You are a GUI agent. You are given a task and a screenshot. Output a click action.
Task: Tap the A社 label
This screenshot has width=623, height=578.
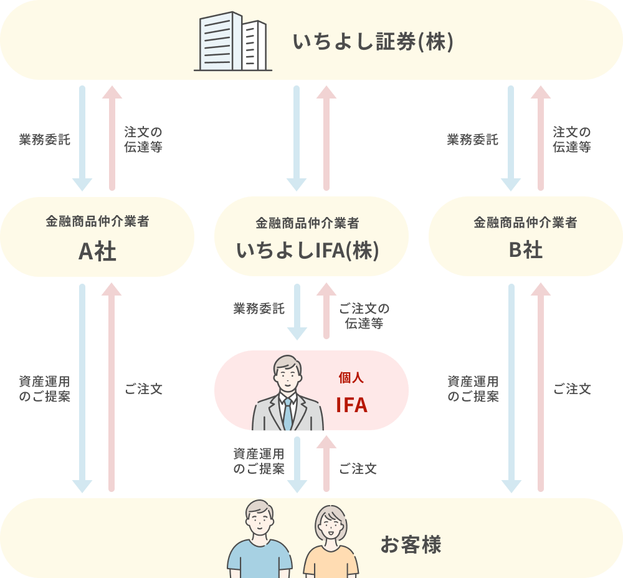tap(97, 251)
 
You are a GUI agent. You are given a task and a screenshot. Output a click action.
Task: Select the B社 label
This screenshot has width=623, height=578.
tap(525, 250)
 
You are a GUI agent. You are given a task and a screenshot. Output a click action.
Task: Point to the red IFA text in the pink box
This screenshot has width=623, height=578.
tap(351, 405)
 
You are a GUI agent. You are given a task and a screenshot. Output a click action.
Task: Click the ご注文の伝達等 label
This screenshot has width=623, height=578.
tap(364, 316)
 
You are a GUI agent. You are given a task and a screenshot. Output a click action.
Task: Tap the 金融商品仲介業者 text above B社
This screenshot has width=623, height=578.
tap(525, 222)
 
